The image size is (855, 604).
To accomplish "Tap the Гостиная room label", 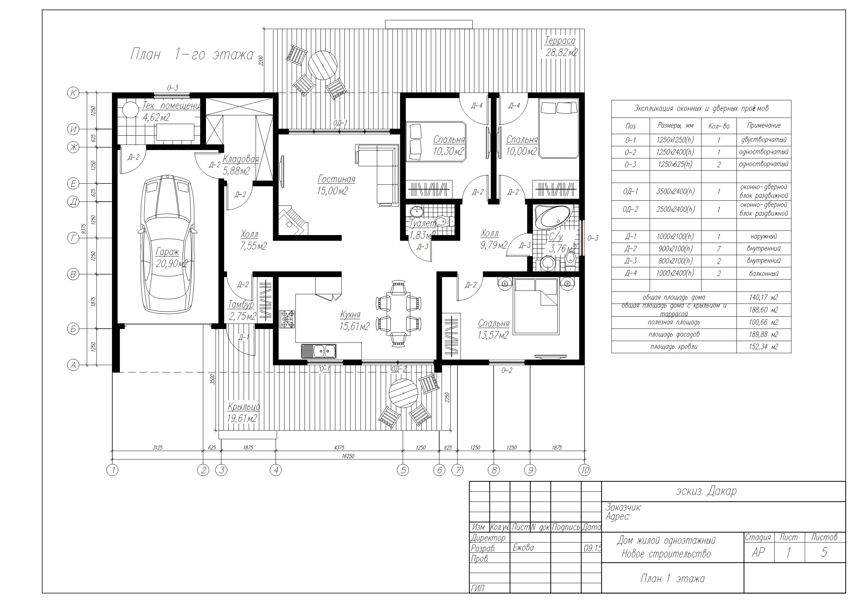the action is (x=336, y=179).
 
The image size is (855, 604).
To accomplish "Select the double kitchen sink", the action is (x=319, y=351).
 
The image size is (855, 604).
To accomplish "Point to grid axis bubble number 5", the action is (x=403, y=470).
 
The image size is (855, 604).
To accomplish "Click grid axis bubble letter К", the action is (x=73, y=93).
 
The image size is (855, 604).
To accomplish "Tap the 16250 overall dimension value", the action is (x=348, y=456).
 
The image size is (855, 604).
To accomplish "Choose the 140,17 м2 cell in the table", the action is (x=763, y=297).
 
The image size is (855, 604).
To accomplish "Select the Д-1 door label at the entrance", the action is (x=244, y=338).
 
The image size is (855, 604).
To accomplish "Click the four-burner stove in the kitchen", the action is (x=287, y=319).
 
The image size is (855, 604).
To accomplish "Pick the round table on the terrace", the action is (x=322, y=65).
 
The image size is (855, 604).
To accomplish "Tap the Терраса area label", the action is (x=560, y=40).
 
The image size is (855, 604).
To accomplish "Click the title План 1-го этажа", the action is (x=192, y=54).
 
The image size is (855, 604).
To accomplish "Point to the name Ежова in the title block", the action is (x=523, y=548).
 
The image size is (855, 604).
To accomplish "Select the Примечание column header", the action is (x=764, y=125).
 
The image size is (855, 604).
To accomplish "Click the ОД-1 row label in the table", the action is (x=630, y=191).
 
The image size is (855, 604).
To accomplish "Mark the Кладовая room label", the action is (x=240, y=159).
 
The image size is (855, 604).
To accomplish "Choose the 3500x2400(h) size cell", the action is (x=676, y=191).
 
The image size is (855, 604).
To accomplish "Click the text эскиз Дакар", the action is (x=706, y=491).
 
